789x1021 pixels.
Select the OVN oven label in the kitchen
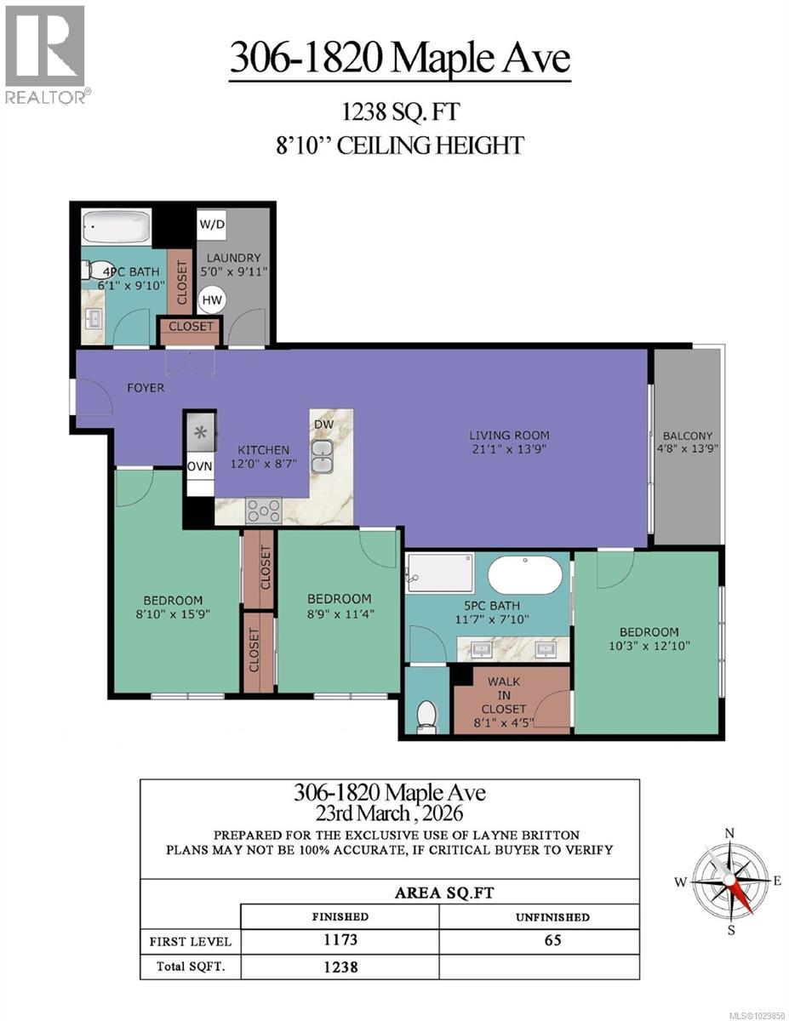tap(199, 465)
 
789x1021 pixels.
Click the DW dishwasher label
tap(323, 424)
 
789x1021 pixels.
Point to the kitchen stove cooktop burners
tap(263, 510)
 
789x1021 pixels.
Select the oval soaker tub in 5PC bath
tap(523, 574)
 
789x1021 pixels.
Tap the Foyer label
tap(146, 388)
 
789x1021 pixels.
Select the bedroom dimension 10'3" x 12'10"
tap(649, 647)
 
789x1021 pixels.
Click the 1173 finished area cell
tap(340, 941)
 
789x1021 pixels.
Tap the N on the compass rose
tap(729, 833)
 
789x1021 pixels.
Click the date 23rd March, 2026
tap(390, 813)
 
